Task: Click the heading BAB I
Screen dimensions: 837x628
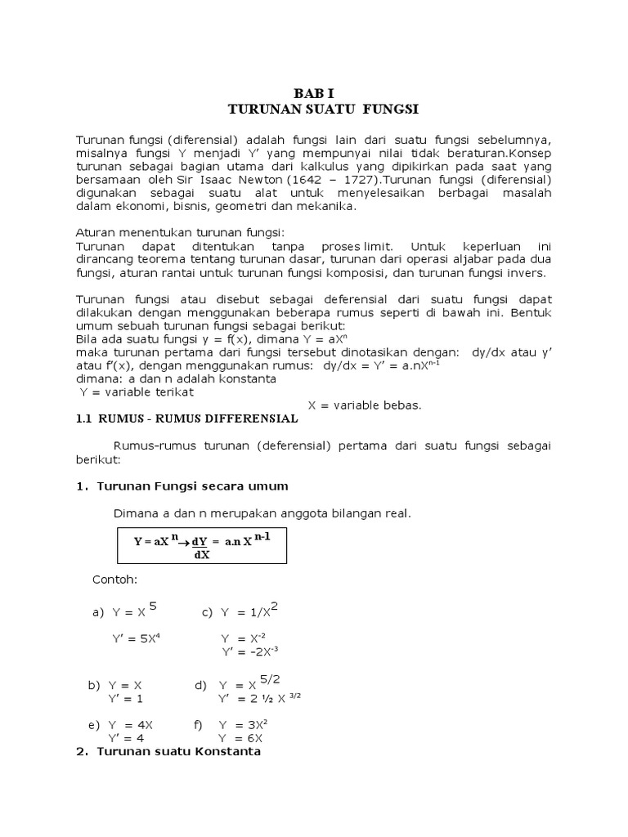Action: click(x=314, y=93)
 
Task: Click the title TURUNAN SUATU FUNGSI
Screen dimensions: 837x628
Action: click(x=314, y=108)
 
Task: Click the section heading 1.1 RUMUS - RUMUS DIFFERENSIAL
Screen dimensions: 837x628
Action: click(x=187, y=419)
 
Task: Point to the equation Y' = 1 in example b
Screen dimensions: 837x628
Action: click(x=125, y=698)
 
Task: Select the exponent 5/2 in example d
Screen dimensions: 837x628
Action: click(x=271, y=678)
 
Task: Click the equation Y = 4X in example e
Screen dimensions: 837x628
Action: click(x=130, y=725)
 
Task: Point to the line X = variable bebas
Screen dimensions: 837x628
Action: click(x=364, y=405)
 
